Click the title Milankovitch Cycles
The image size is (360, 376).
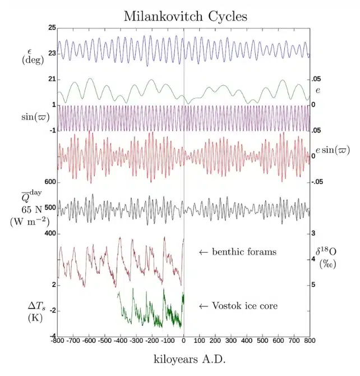(x=185, y=16)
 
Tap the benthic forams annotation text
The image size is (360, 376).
(x=244, y=252)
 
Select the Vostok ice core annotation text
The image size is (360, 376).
(x=245, y=306)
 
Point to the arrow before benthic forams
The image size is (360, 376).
(x=204, y=253)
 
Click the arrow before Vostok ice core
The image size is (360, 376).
(x=204, y=306)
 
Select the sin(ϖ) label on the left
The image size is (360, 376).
(x=34, y=118)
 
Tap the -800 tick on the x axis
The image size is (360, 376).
(x=58, y=341)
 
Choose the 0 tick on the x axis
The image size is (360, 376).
(x=184, y=341)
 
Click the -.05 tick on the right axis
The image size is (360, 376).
(x=319, y=182)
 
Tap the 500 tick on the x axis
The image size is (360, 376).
(x=262, y=341)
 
